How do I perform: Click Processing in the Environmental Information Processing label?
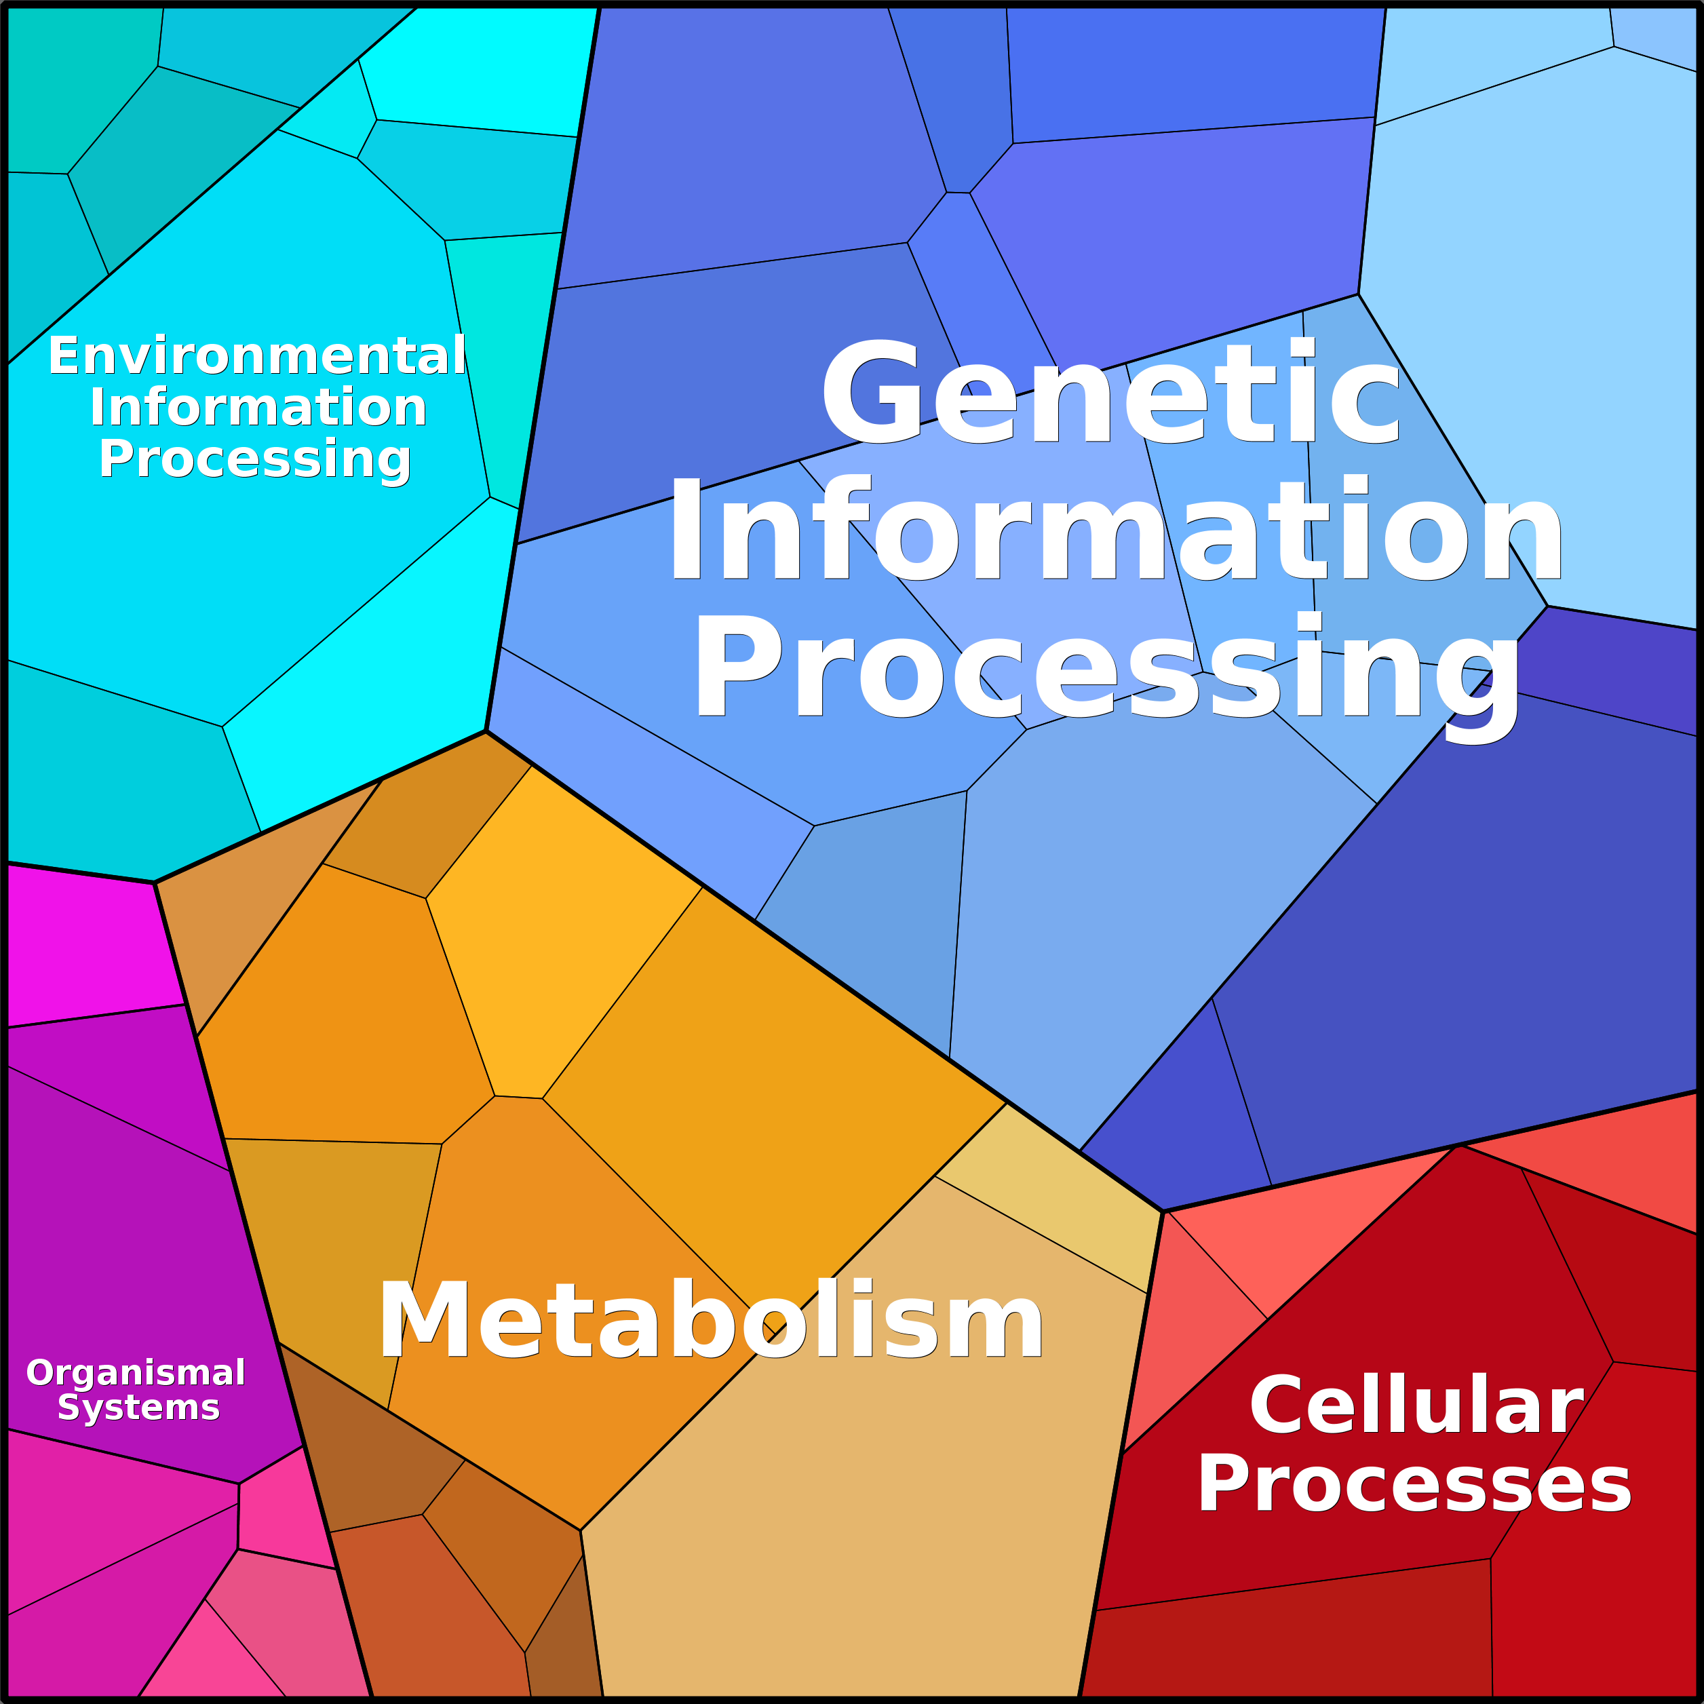pos(255,459)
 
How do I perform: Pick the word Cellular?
pos(1417,1406)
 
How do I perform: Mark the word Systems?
pos(138,1407)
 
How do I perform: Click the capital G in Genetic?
pos(870,393)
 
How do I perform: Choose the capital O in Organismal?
pos(41,1372)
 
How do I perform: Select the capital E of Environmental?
pos(64,355)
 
